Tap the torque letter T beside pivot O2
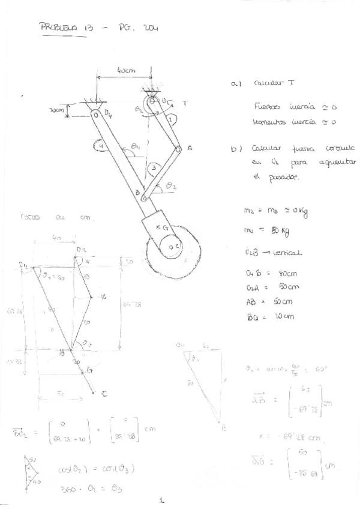coord(185,104)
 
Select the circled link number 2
coord(170,119)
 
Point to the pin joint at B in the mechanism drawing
coord(144,196)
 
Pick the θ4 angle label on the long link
coord(137,146)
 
